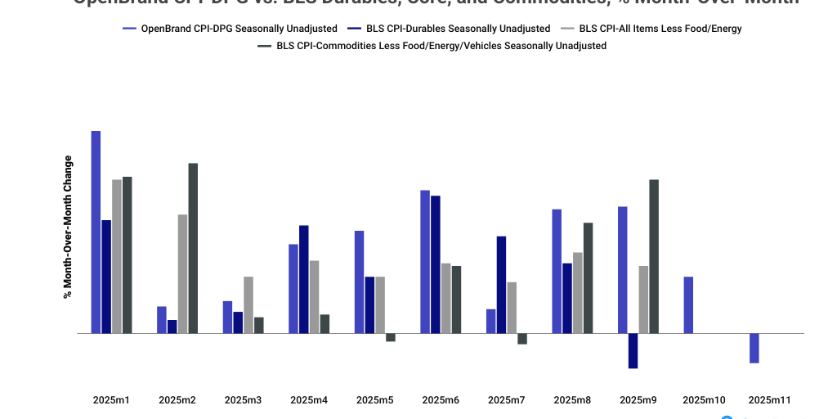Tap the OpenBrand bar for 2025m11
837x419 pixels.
point(754,348)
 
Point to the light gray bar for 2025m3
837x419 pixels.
point(248,304)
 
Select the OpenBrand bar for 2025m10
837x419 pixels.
point(688,304)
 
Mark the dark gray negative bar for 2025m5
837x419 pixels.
point(391,337)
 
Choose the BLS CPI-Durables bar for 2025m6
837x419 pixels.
point(436,264)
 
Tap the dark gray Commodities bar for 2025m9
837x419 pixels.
point(654,256)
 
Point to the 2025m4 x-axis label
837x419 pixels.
point(309,400)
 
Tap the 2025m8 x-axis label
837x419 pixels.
point(572,400)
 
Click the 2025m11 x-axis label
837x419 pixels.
point(770,400)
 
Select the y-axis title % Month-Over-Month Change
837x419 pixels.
point(68,227)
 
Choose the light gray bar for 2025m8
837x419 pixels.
point(578,292)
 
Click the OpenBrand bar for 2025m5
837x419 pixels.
point(359,282)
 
